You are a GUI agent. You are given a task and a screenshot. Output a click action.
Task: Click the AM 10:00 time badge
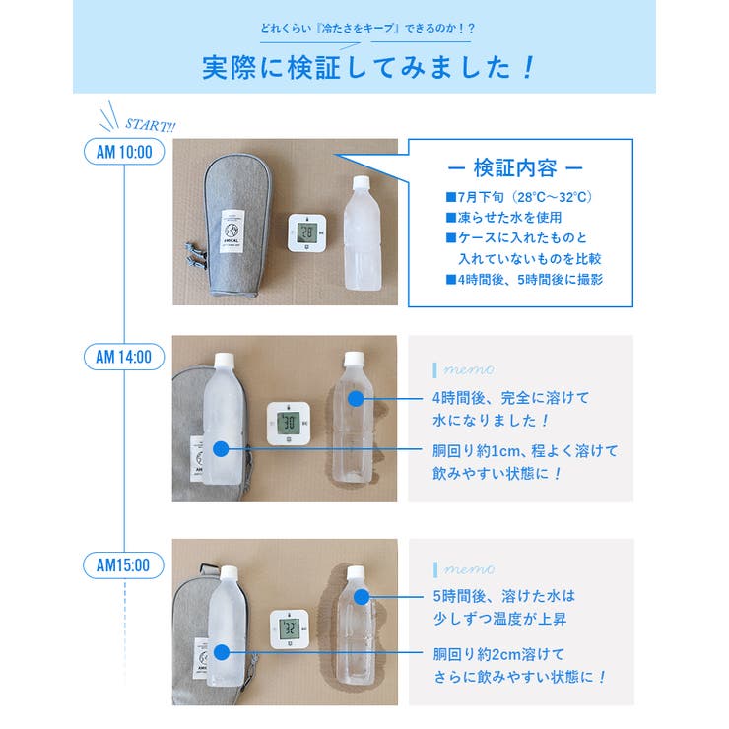[124, 152]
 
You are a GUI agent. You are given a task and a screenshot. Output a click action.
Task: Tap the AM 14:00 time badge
[124, 357]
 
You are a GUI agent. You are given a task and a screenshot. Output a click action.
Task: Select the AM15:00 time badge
[124, 565]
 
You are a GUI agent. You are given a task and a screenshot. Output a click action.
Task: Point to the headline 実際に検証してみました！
[364, 66]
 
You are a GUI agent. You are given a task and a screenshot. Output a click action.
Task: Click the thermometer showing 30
[291, 423]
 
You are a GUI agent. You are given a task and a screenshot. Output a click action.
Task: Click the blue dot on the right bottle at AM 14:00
[355, 399]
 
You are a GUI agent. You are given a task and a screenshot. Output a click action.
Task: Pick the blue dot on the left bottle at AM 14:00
[221, 449]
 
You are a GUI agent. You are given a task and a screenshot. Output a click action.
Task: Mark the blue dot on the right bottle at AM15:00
[361, 597]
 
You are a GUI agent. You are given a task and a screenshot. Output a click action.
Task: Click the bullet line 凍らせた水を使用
[503, 217]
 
